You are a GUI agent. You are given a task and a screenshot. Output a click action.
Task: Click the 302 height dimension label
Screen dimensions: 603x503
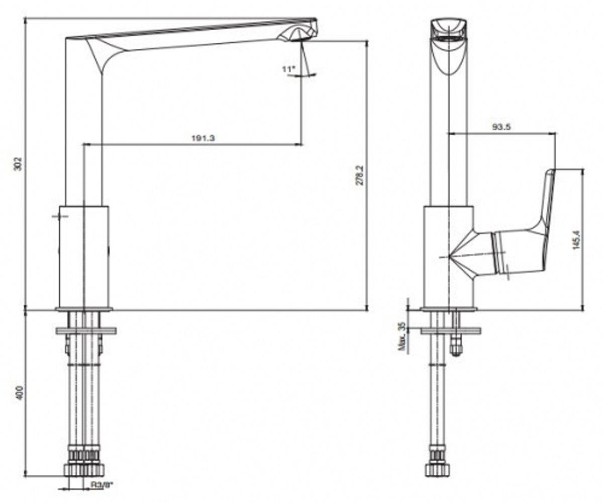pyautogui.click(x=18, y=164)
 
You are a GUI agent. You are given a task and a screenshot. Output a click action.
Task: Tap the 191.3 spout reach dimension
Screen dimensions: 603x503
pyautogui.click(x=204, y=138)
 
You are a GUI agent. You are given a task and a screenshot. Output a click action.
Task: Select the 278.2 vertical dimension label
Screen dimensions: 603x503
pyautogui.click(x=360, y=175)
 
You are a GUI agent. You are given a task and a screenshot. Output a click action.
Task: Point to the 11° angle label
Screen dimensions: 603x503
pyautogui.click(x=289, y=69)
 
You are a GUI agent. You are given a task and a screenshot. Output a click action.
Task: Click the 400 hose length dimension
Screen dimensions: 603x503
pyautogui.click(x=19, y=392)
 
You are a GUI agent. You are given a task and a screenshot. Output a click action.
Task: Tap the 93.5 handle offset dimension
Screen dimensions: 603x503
pyautogui.click(x=501, y=127)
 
